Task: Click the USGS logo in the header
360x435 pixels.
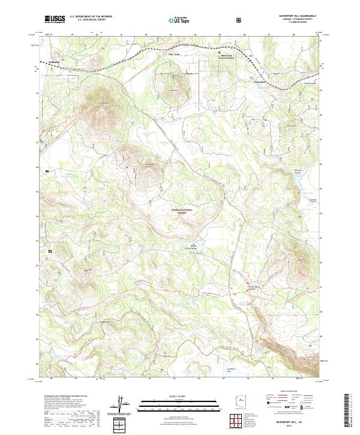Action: click(x=55, y=19)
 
